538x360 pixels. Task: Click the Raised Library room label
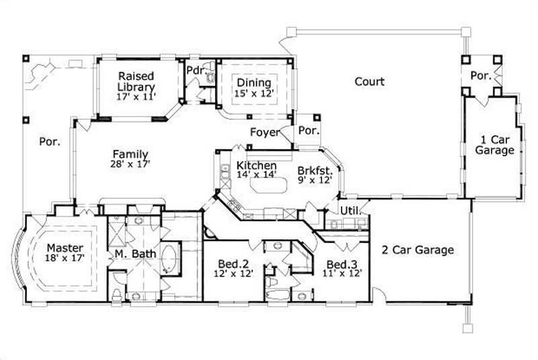click(137, 81)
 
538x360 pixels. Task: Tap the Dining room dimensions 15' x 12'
click(254, 94)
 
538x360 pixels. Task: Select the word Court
click(370, 82)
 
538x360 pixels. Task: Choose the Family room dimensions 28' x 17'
click(130, 164)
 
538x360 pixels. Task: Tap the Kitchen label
click(256, 166)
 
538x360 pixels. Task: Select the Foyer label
click(264, 133)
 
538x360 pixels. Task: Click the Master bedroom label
click(65, 248)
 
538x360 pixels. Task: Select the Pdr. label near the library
click(196, 70)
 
